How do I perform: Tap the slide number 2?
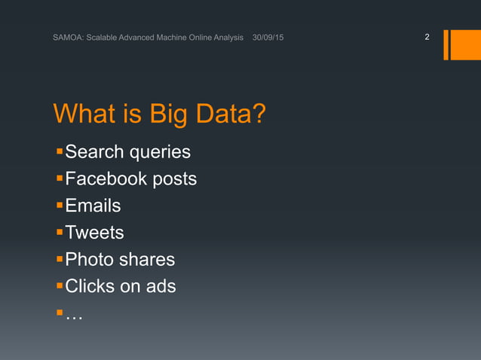[x=427, y=37]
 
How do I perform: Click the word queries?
[x=160, y=153]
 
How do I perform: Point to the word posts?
[x=174, y=180]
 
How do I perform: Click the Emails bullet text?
[x=93, y=206]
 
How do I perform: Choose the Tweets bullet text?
[x=94, y=233]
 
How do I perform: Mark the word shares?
[x=147, y=260]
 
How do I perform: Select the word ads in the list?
[x=161, y=286]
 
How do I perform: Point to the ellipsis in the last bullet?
[x=74, y=316]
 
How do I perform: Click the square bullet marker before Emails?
[x=60, y=206]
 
